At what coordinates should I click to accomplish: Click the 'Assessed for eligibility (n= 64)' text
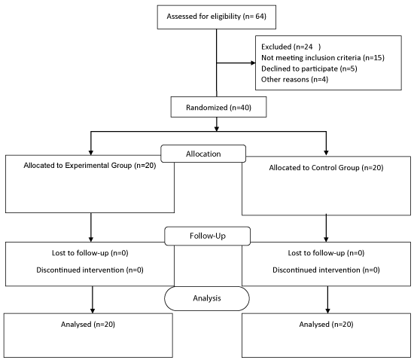[x=216, y=17]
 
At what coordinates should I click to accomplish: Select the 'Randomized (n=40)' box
[x=218, y=107]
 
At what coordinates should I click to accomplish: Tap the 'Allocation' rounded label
[x=203, y=154]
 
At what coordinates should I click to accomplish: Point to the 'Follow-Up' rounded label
[x=208, y=236]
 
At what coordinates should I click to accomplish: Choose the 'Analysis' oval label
[x=207, y=298]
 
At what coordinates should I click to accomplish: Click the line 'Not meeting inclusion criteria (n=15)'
[x=323, y=58]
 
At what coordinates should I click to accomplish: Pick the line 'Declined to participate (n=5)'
[x=309, y=69]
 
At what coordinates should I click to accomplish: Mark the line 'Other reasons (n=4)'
[x=294, y=80]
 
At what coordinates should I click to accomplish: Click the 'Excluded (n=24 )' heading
[x=291, y=47]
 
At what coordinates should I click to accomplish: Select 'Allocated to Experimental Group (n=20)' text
[x=90, y=166]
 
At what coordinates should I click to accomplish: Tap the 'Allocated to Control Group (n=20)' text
[x=326, y=168]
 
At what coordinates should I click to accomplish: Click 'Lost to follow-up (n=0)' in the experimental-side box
[x=90, y=253]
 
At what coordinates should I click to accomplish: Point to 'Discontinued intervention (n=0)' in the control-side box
[x=326, y=270]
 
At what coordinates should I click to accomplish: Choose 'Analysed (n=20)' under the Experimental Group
[x=88, y=325]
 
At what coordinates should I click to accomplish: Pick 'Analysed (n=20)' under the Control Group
[x=326, y=325]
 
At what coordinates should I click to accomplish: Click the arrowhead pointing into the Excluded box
[x=253, y=63]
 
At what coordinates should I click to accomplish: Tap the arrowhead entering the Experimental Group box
[x=91, y=153]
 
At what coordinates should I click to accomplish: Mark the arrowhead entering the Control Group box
[x=326, y=153]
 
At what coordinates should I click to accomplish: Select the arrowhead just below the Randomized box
[x=217, y=129]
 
